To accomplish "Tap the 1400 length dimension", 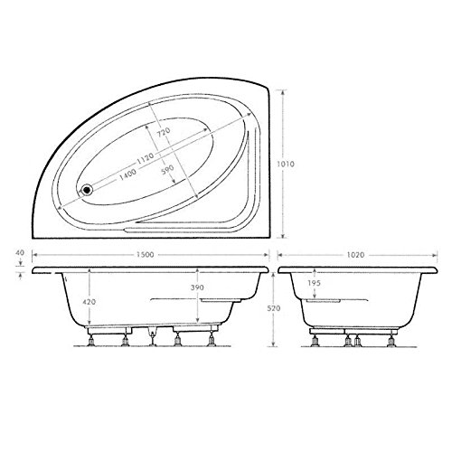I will click(x=128, y=174).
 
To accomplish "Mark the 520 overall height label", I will click(x=285, y=307).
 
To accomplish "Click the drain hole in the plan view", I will click(x=87, y=190).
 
